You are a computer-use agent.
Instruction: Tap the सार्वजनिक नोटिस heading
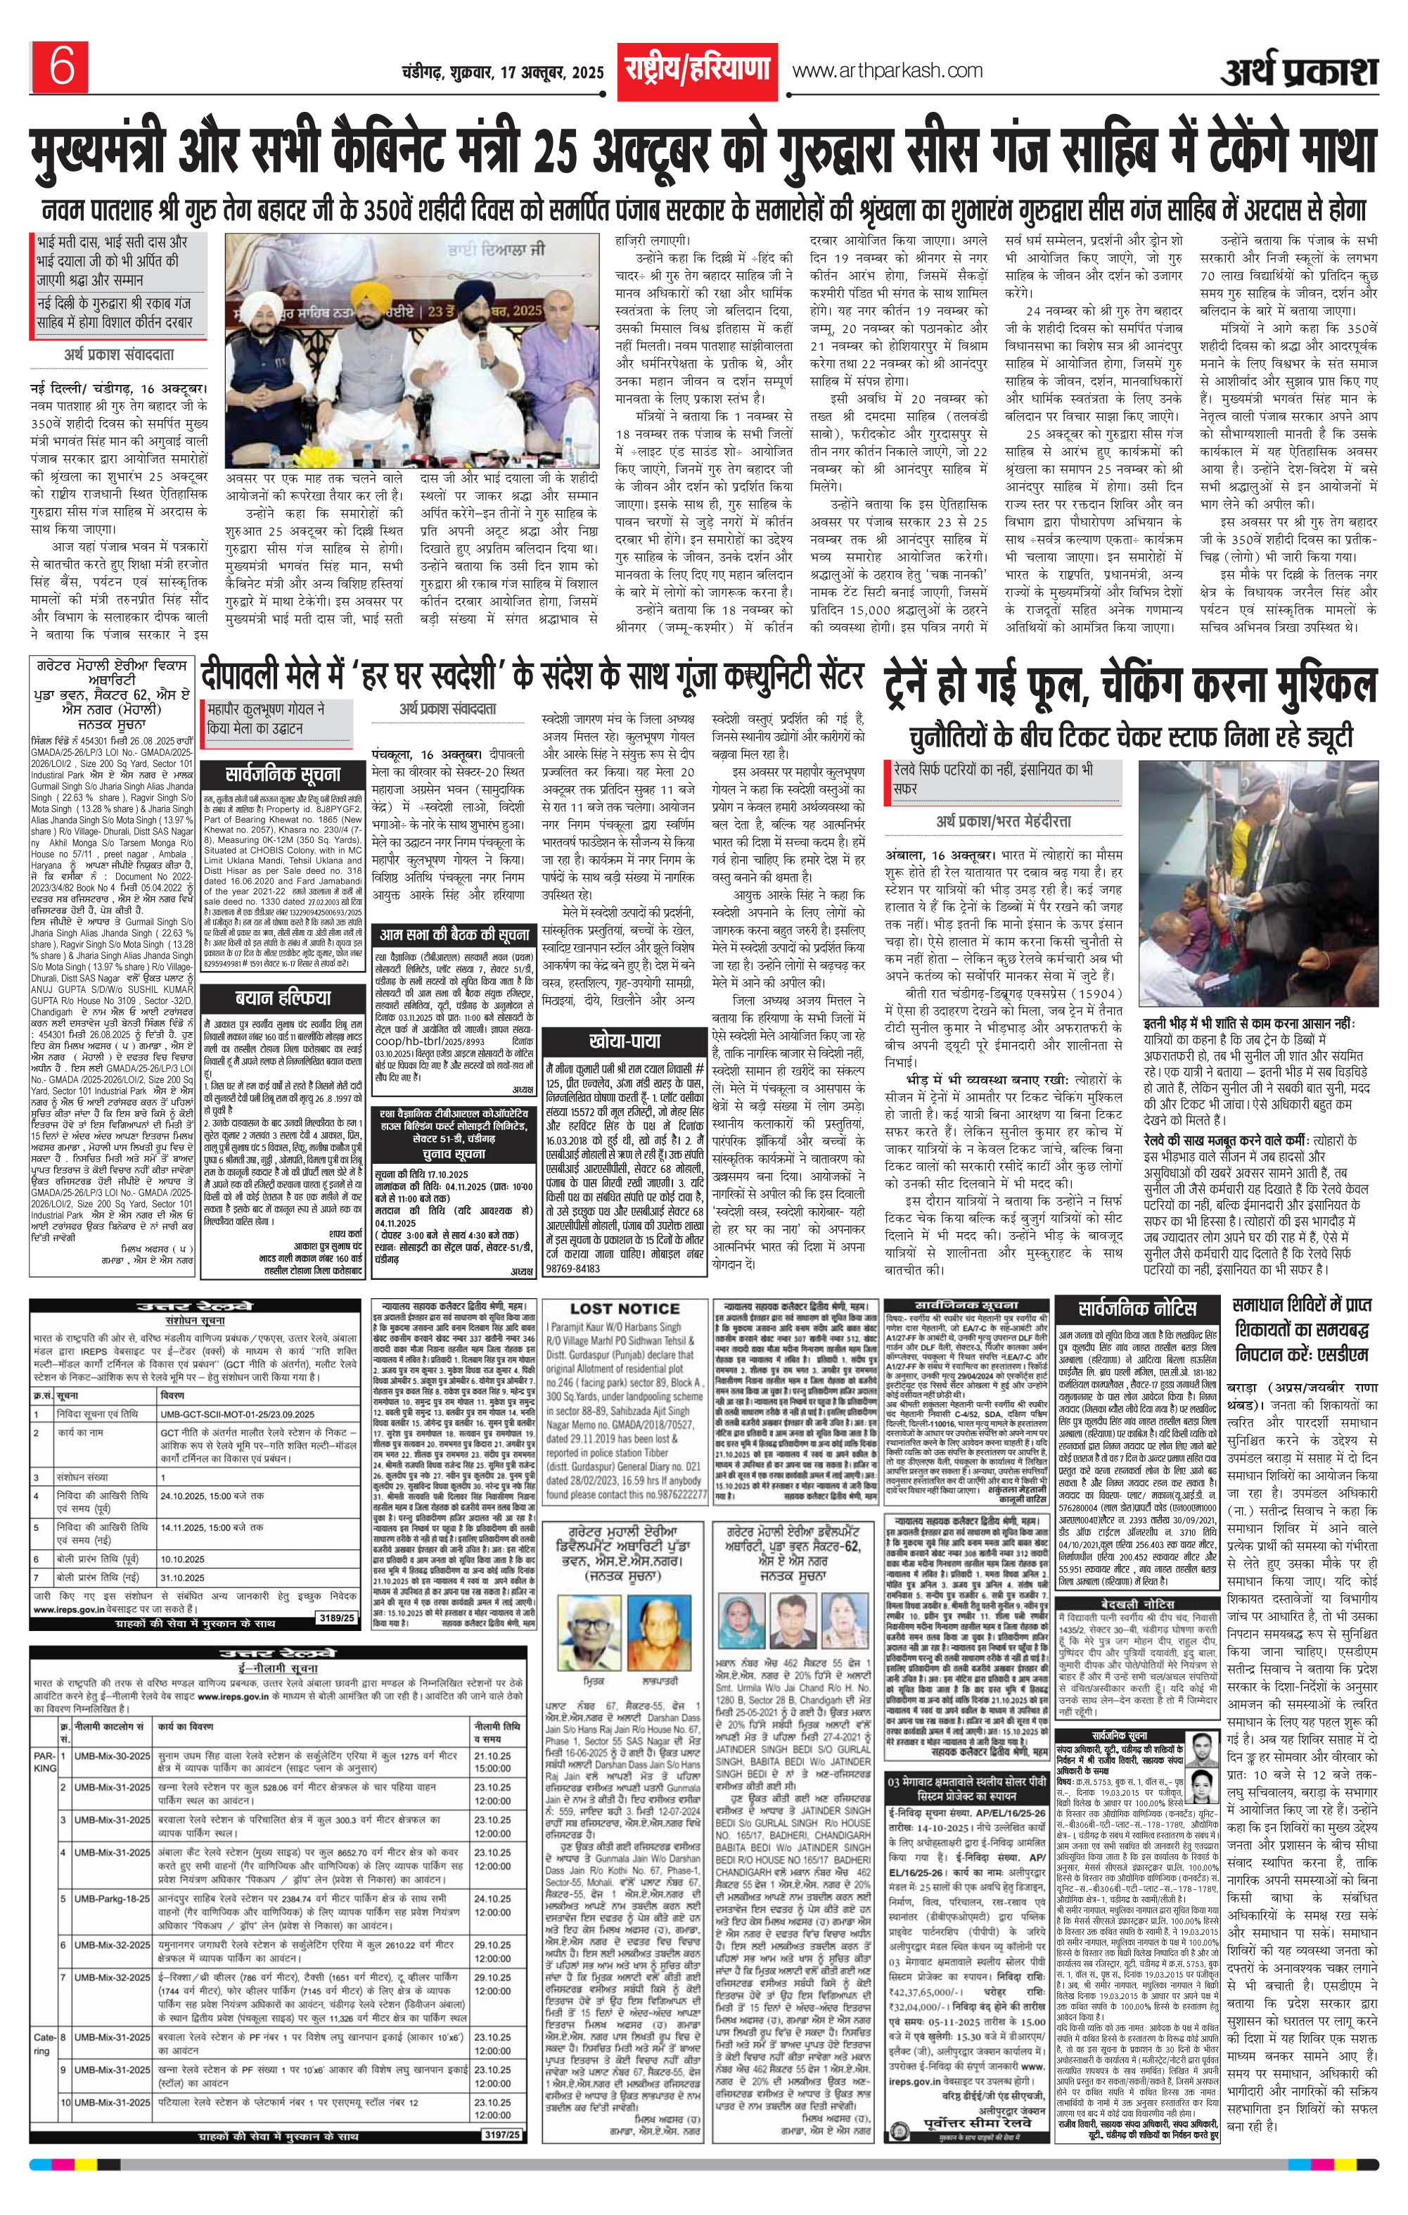pyautogui.click(x=1138, y=1308)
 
